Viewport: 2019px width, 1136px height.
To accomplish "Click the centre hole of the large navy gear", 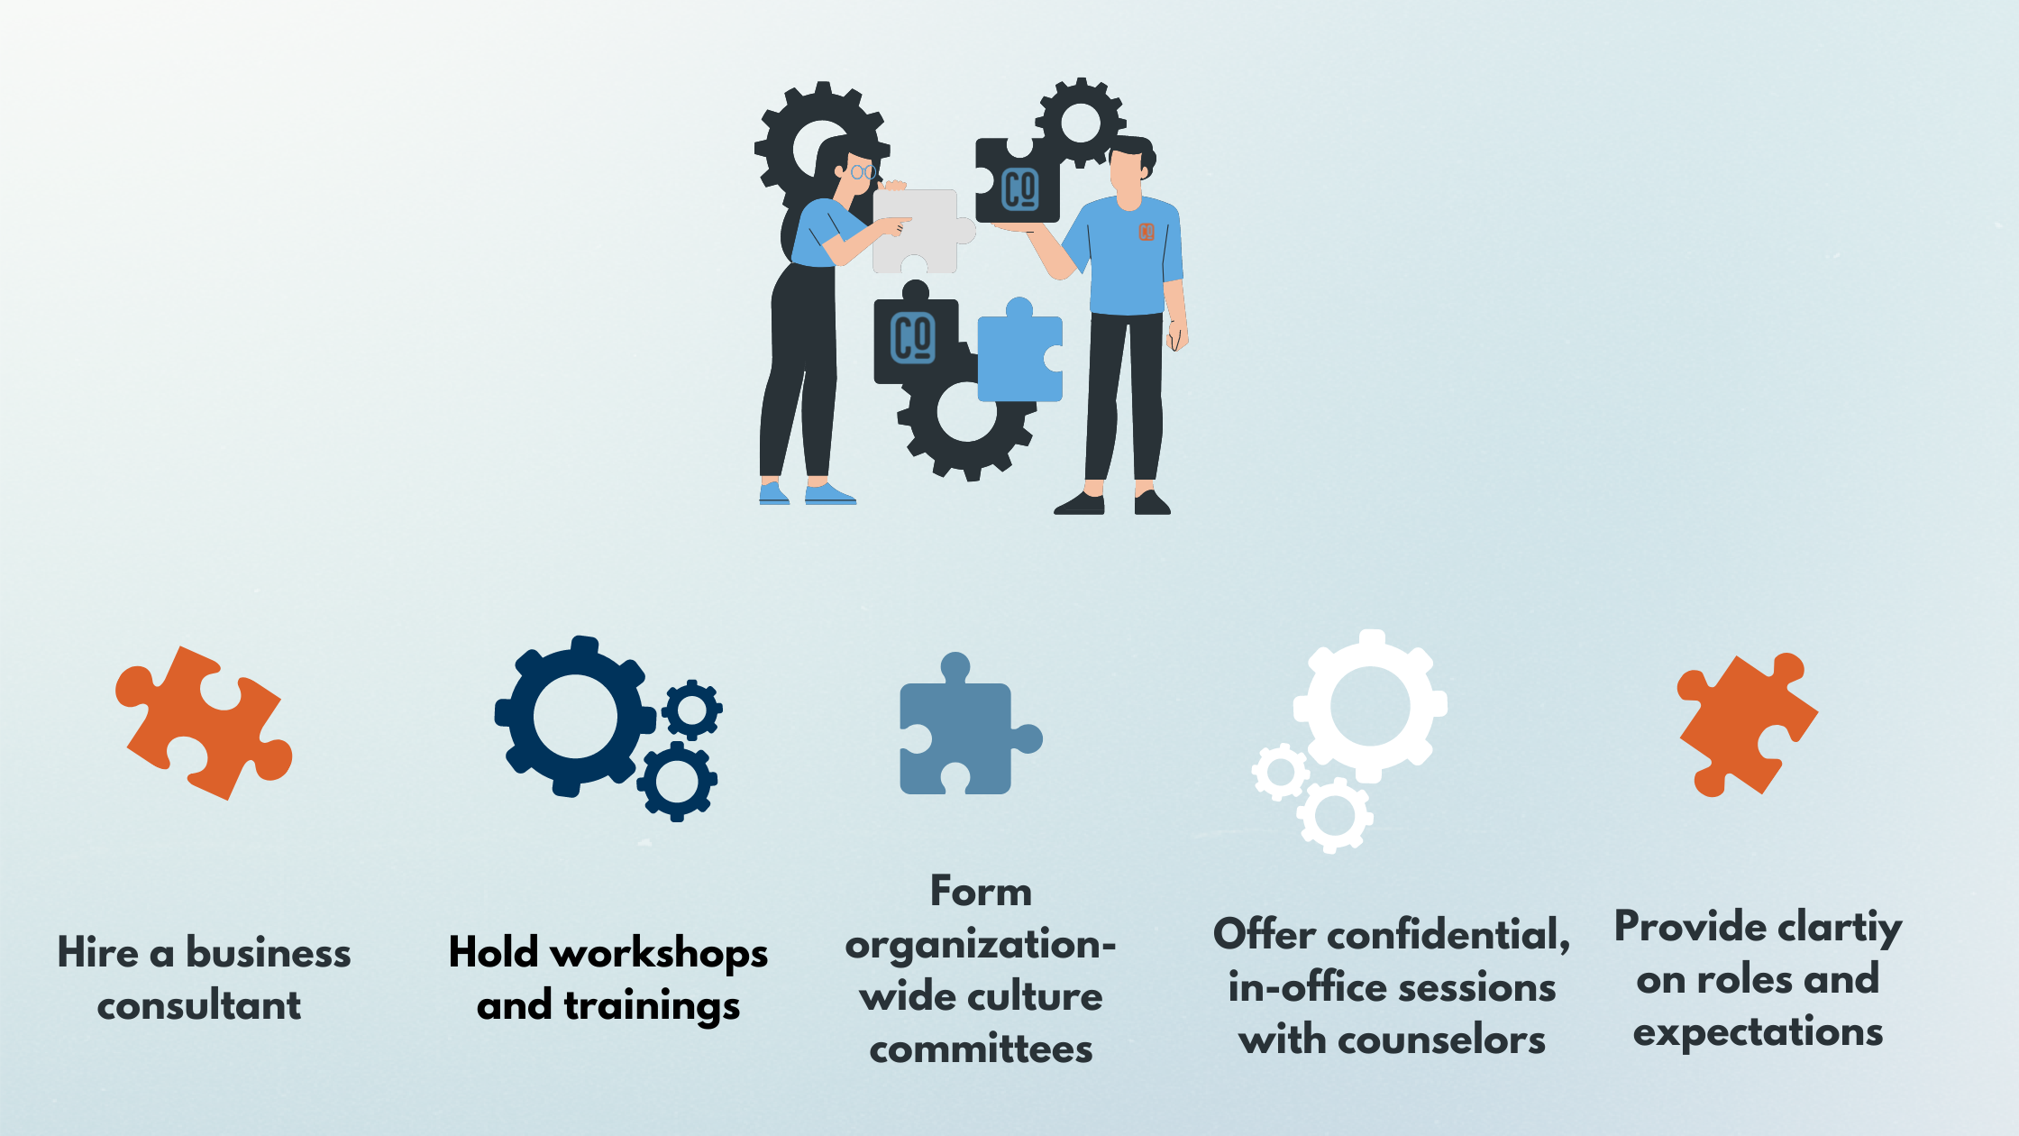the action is [x=575, y=718].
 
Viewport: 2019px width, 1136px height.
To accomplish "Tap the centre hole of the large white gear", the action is [x=1370, y=707].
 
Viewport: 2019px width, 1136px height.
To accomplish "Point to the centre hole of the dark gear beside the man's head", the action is [x=1081, y=123].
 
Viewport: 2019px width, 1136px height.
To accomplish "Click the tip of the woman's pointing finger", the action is [x=910, y=219].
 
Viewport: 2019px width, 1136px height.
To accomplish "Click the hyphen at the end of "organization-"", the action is [x=1110, y=945].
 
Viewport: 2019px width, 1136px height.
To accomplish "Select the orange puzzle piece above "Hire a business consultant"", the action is [x=204, y=722].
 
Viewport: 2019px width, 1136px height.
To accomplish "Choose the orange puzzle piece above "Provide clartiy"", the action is [x=1747, y=725].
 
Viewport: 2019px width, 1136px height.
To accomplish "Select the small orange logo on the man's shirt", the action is [x=1147, y=232].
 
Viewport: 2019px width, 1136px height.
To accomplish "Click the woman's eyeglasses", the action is [x=863, y=171].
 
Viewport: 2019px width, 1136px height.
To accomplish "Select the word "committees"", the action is [x=981, y=1049].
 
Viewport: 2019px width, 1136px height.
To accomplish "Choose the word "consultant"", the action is [x=199, y=1005].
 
